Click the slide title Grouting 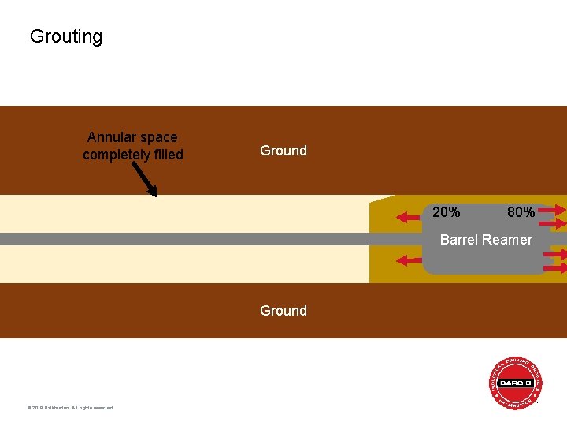(66, 36)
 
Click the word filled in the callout (165, 155)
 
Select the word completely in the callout (115, 155)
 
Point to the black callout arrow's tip (156, 196)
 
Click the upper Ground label (283, 151)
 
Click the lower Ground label (283, 311)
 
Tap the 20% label (447, 212)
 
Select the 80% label (521, 212)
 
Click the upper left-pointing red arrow (410, 213)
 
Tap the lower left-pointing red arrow (410, 260)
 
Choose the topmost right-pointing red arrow (552, 210)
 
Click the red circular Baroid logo (516, 383)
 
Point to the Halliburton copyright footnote (70, 408)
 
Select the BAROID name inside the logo (516, 383)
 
